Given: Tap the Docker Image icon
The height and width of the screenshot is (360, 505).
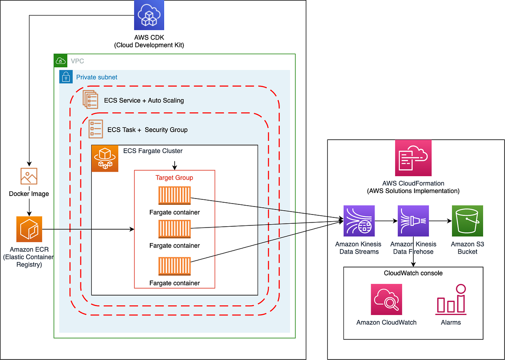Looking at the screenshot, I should click(29, 176).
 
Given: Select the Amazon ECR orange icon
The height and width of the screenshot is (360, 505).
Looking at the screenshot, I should click(29, 229).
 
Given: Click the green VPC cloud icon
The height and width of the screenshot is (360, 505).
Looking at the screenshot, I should click(61, 61).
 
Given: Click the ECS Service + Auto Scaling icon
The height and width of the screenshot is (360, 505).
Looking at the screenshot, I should click(90, 100).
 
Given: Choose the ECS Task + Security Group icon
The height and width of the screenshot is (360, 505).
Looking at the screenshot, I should click(96, 129).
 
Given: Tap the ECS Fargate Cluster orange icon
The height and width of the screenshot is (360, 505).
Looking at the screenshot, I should click(105, 159).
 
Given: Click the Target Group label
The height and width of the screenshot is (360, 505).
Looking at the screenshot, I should click(174, 177).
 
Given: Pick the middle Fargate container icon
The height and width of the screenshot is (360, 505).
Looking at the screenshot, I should click(175, 229).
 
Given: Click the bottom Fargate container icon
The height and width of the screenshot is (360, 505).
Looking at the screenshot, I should click(175, 267).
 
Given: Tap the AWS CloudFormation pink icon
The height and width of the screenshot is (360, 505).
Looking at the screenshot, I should click(413, 158).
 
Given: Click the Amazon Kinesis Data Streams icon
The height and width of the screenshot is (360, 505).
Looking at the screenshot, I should click(359, 221).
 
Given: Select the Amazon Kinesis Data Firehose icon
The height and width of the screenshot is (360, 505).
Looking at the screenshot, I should click(413, 221).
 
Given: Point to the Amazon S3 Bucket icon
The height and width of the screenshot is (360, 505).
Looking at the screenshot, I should click(467, 221).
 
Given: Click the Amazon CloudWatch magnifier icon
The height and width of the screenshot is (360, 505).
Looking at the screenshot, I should click(386, 299).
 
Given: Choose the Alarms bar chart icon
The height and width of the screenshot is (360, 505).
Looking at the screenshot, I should click(451, 300).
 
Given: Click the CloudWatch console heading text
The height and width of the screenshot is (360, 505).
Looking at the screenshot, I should click(413, 273).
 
